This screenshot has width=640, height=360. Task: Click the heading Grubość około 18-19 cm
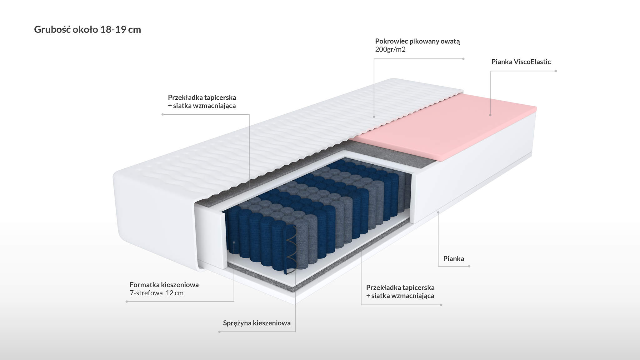[x=87, y=30]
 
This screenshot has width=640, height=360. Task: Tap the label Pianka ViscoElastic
[x=521, y=62]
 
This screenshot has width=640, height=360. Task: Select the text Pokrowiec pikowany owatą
[x=417, y=41]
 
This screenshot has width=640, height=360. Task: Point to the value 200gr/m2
[x=390, y=49]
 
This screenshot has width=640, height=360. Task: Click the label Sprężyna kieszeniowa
[x=257, y=323]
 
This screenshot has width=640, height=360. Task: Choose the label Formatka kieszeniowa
[x=164, y=285]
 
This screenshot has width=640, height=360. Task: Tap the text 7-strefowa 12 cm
[x=157, y=293]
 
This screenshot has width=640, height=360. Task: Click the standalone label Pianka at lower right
[x=454, y=259]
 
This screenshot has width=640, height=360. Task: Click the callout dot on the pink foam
[x=490, y=115]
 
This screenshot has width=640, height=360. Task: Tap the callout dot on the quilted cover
[x=374, y=117]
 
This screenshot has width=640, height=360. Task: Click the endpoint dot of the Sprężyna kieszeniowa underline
[x=219, y=332]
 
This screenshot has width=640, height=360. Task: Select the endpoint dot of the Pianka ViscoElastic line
[x=556, y=71]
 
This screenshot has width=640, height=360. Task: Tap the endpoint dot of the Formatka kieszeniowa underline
[x=127, y=302]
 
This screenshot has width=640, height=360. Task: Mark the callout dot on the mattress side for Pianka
[x=438, y=212]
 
